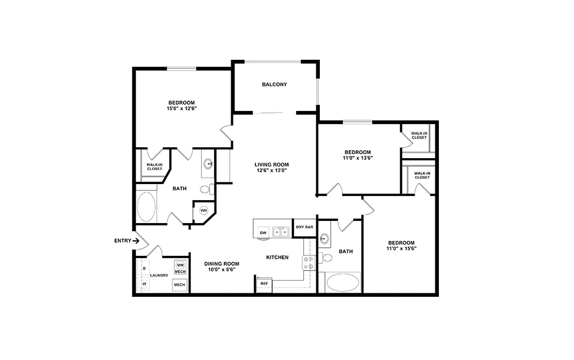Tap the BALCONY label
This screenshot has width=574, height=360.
click(x=274, y=85)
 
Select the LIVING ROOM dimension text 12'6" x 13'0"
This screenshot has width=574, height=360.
click(x=271, y=170)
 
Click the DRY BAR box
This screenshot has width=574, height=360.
click(x=304, y=227)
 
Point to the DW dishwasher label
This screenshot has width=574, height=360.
click(x=263, y=232)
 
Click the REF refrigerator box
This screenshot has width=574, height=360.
click(x=264, y=284)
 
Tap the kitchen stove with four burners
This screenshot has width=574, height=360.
click(x=308, y=263)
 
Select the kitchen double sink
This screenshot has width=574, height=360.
click(x=281, y=232)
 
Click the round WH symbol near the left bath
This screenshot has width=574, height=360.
click(x=203, y=210)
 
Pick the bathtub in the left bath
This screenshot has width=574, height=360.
click(x=146, y=207)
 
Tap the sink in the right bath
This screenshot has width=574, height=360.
click(x=325, y=239)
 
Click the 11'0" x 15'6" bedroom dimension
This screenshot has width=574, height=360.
click(x=401, y=249)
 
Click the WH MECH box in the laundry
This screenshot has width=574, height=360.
click(x=180, y=267)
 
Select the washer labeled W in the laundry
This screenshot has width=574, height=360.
click(x=144, y=284)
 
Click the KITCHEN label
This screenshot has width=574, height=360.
click(x=277, y=257)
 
